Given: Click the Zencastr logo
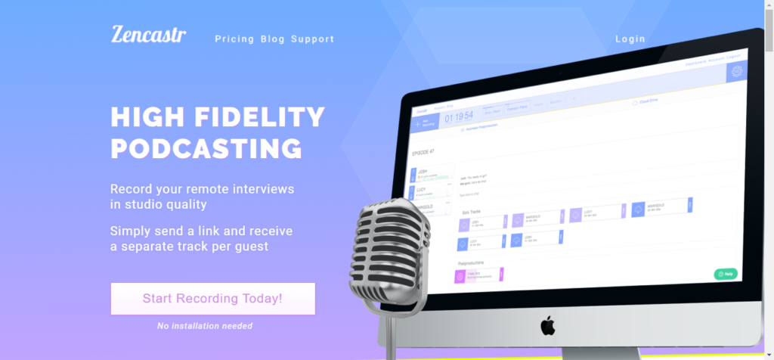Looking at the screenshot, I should [x=148, y=35].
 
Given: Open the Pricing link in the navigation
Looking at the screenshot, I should [x=234, y=39].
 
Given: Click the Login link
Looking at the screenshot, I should [x=630, y=39].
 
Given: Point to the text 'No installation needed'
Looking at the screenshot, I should [x=204, y=326].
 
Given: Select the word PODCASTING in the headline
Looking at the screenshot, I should [x=206, y=147].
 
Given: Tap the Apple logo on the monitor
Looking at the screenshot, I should [x=547, y=326].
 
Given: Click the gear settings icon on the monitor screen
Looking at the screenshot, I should [x=736, y=71].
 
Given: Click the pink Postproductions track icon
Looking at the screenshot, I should [x=460, y=277].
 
